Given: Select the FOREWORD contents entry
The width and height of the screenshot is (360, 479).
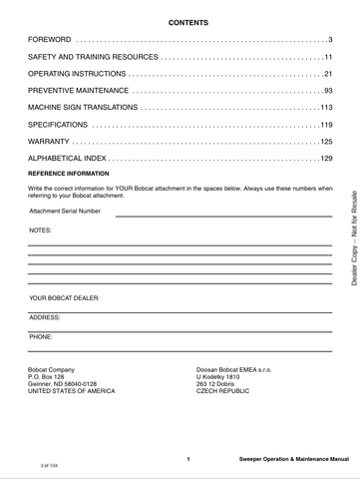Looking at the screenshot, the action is click(x=50, y=40).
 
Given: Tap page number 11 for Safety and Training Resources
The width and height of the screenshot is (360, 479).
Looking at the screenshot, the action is click(x=326, y=57).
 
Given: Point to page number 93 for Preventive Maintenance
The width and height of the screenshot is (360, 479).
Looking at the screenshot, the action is click(x=326, y=91).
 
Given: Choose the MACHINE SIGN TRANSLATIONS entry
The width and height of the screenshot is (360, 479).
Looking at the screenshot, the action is click(x=82, y=108).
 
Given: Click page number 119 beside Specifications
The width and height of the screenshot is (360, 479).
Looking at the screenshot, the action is click(x=325, y=125).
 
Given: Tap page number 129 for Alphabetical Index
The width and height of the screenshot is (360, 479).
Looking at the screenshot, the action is click(x=325, y=159).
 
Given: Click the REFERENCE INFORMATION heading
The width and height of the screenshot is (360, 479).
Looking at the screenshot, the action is click(x=69, y=174).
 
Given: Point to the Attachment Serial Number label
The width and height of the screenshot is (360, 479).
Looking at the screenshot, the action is click(x=65, y=212).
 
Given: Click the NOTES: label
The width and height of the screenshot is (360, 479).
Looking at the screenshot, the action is click(x=39, y=229).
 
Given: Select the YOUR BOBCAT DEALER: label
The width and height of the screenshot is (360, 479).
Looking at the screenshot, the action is click(x=65, y=297).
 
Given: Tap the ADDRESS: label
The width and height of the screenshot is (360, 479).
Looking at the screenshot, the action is click(x=45, y=316).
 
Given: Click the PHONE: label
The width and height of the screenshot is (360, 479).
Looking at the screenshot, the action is click(x=41, y=336).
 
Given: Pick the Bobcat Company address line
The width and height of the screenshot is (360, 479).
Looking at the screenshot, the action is click(x=52, y=369).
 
